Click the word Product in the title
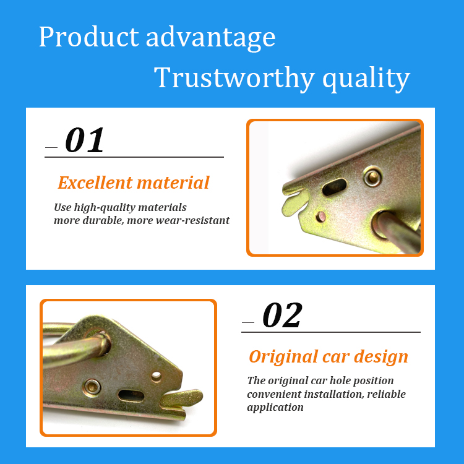click(88, 37)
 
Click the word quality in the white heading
click(366, 79)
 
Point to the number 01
click(85, 140)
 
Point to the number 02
click(282, 315)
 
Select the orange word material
click(173, 183)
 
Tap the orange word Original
click(283, 357)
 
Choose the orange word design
click(381, 356)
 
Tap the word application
click(275, 408)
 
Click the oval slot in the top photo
click(334, 187)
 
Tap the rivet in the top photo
click(372, 176)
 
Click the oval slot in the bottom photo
click(131, 396)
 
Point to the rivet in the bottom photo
click(92, 387)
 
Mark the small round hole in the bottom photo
click(157, 376)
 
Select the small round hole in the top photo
click(320, 217)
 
